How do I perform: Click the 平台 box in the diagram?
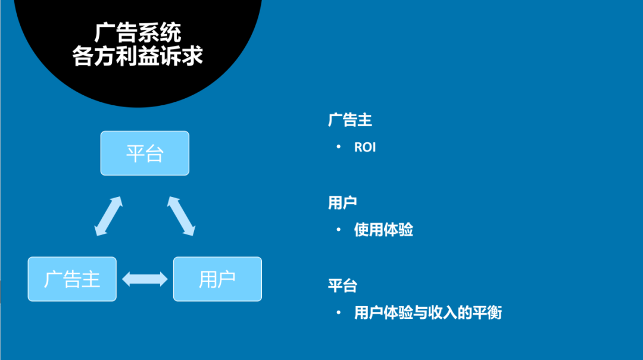pyautogui.click(x=145, y=154)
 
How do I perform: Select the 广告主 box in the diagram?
pyautogui.click(x=72, y=278)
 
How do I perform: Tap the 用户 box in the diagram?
pyautogui.click(x=217, y=278)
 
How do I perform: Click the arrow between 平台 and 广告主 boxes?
pyautogui.click(x=108, y=215)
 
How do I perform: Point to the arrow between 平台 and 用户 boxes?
pyautogui.click(x=181, y=215)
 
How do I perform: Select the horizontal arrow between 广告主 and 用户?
pyautogui.click(x=145, y=278)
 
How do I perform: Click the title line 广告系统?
pyautogui.click(x=138, y=33)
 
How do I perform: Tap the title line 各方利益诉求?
pyautogui.click(x=138, y=56)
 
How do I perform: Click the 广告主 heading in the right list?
pyautogui.click(x=349, y=120)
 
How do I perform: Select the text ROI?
pyautogui.click(x=365, y=147)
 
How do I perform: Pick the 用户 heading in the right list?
pyautogui.click(x=342, y=202)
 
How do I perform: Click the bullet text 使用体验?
pyautogui.click(x=383, y=230)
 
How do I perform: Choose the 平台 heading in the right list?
pyautogui.click(x=342, y=285)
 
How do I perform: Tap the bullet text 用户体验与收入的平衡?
pyautogui.click(x=428, y=312)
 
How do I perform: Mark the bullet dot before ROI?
pyautogui.click(x=339, y=146)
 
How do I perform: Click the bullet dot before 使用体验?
pyautogui.click(x=339, y=229)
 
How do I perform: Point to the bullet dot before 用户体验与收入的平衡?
pyautogui.click(x=339, y=312)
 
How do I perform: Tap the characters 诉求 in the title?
pyautogui.click(x=188, y=56)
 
